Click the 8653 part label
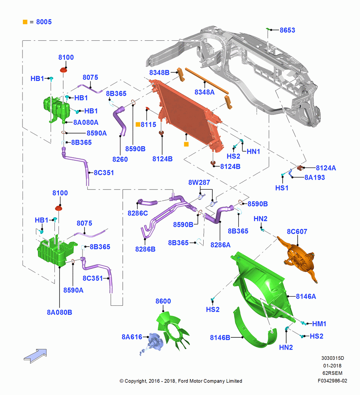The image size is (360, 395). pyautogui.click(x=287, y=30)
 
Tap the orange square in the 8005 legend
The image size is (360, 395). pyautogui.click(x=25, y=22)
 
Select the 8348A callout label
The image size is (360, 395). pyautogui.click(x=204, y=92)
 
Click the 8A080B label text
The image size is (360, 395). pyautogui.click(x=60, y=312)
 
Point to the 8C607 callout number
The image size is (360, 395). pyautogui.click(x=297, y=231)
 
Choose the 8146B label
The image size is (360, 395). pyautogui.click(x=220, y=338)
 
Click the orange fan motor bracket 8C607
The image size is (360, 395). pyautogui.click(x=299, y=259)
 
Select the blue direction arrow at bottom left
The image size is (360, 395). pyautogui.click(x=35, y=356)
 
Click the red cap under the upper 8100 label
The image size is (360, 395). pyautogui.click(x=64, y=70)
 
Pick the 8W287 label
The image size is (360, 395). pyautogui.click(x=199, y=182)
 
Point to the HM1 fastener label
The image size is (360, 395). pyautogui.click(x=319, y=324)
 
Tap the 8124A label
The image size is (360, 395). pyautogui.click(x=326, y=168)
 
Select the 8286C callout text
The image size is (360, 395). pyautogui.click(x=138, y=213)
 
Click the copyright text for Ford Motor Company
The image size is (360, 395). pyautogui.click(x=181, y=381)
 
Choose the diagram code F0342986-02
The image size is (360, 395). pyautogui.click(x=332, y=381)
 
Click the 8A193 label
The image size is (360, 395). pyautogui.click(x=315, y=178)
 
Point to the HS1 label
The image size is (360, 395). pyautogui.click(x=282, y=188)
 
